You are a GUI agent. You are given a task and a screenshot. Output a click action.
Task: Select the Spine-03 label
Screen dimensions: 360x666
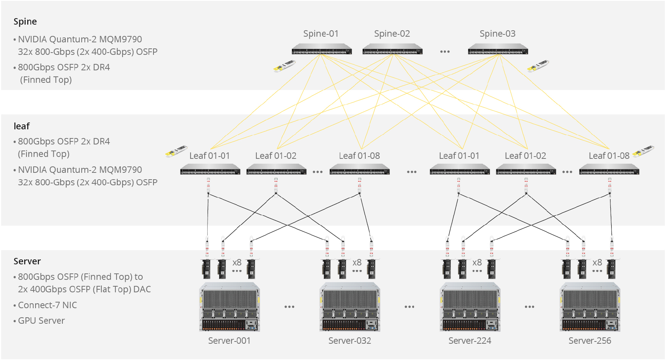pos(497,34)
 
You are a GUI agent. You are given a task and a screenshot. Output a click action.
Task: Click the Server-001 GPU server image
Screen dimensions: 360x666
pos(229,307)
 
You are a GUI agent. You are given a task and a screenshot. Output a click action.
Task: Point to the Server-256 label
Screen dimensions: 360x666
pos(590,341)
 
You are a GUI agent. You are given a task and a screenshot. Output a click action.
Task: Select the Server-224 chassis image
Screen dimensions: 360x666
pos(470,307)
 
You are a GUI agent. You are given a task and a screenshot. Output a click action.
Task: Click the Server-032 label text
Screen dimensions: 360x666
pos(349,341)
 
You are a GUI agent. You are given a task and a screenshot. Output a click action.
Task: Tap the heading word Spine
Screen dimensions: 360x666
pos(25,22)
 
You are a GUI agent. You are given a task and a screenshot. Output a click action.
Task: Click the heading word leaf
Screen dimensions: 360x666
pos(22,126)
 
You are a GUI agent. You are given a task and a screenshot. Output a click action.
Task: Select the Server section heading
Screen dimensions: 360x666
pos(27,261)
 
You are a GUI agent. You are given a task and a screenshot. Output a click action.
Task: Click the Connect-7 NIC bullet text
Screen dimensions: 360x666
pos(47,305)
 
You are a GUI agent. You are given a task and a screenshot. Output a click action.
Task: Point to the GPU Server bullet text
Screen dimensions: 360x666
pos(41,321)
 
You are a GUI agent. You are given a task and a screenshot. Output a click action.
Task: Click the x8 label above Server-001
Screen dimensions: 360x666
pos(237,262)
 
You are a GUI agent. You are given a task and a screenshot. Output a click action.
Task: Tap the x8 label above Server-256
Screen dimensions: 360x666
pos(597,262)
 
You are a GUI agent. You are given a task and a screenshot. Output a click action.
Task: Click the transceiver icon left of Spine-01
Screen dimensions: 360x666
pos(284,66)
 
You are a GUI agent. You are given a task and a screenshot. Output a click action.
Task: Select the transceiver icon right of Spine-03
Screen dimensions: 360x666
pos(538,66)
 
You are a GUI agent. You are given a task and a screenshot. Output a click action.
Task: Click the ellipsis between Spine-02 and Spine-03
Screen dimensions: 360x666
pos(445,51)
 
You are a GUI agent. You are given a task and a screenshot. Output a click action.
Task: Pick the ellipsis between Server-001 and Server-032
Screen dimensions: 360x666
pos(289,307)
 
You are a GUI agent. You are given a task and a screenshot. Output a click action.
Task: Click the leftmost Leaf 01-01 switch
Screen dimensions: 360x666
pos(210,169)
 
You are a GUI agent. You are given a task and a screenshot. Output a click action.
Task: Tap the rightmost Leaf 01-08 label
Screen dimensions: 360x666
pos(609,156)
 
